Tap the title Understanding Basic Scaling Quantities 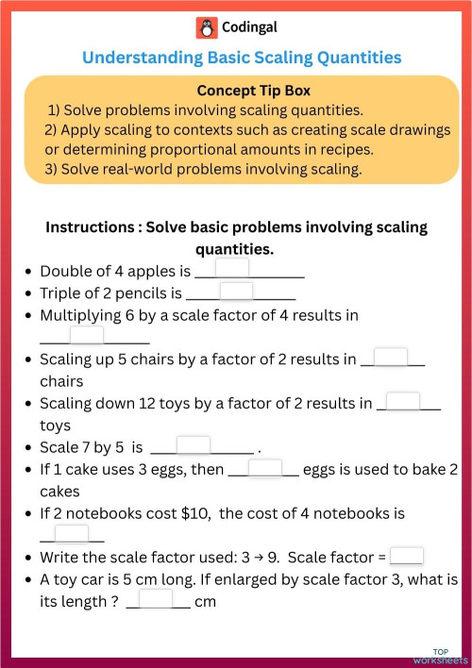coord(242,58)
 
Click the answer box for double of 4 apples coord(232,269)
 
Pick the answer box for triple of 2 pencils coord(236,292)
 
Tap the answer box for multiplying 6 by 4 coord(87,336)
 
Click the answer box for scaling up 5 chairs coord(391,358)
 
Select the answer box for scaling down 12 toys coord(403,402)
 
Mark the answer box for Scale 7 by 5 coord(194,445)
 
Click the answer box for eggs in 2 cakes coord(265,468)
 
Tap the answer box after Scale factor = coord(407,557)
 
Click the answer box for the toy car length coord(157,599)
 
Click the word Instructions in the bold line coord(90,227)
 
